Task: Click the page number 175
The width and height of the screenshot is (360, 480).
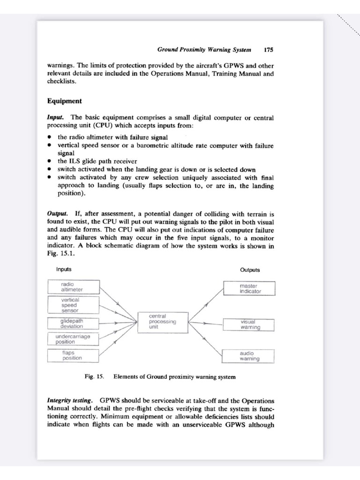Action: (x=269, y=49)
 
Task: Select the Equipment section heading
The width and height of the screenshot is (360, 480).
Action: (x=65, y=101)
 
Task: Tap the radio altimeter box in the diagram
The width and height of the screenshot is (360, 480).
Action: (x=73, y=287)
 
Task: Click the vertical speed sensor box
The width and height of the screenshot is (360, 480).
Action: (x=73, y=305)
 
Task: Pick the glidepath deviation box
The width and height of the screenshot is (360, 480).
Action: (x=73, y=323)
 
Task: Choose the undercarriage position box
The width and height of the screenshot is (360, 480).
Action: (x=73, y=339)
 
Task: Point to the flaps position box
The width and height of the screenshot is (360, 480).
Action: (x=73, y=355)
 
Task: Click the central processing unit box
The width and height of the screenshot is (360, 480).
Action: (x=163, y=322)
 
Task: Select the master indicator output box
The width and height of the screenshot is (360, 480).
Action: (x=249, y=288)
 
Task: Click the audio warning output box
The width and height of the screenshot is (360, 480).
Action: (x=249, y=356)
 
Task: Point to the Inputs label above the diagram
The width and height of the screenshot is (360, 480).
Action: (x=64, y=270)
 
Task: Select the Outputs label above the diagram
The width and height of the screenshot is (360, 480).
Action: (x=250, y=270)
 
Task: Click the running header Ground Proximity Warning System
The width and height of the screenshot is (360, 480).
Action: (x=204, y=49)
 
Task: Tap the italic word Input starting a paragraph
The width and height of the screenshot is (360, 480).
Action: (x=55, y=117)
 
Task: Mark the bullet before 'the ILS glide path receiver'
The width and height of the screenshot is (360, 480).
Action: (x=49, y=161)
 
